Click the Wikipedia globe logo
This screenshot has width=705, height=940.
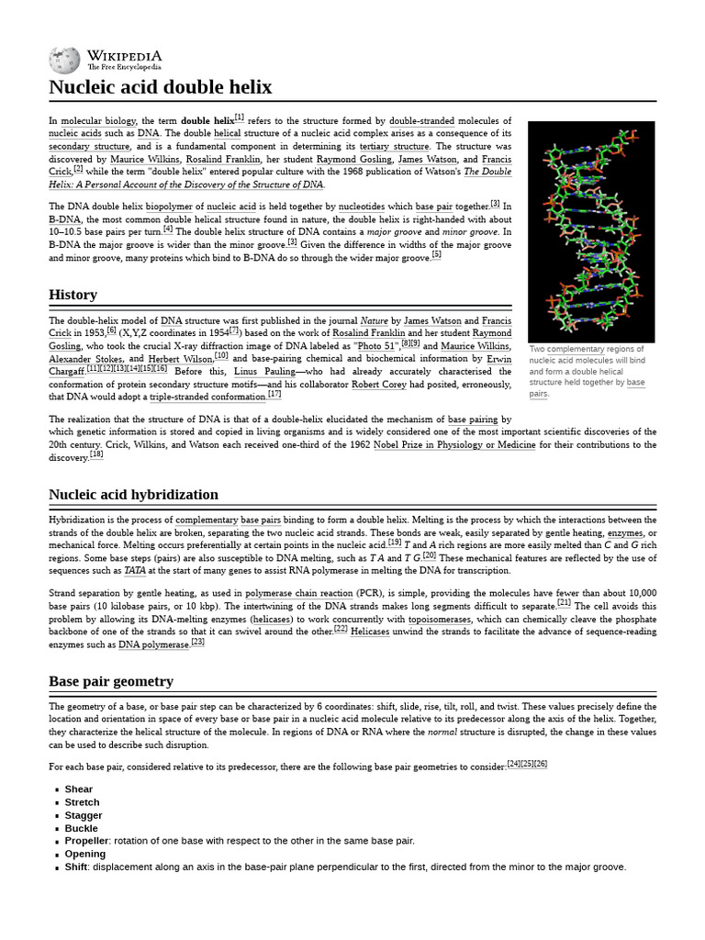pos(64,60)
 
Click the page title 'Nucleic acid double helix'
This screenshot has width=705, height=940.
pos(160,87)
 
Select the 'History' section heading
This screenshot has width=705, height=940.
pos(73,295)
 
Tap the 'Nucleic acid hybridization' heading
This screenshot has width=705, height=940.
pos(133,495)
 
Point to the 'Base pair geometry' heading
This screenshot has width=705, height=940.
pos(110,681)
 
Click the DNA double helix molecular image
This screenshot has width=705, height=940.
pos(577,230)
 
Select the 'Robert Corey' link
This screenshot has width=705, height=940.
pos(380,384)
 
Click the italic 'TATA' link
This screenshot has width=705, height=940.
pos(134,569)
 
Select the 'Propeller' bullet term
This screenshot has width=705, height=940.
pos(86,840)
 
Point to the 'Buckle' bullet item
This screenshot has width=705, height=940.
pos(82,827)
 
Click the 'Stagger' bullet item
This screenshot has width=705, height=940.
pos(84,814)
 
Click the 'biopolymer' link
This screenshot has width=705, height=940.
pos(174,207)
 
